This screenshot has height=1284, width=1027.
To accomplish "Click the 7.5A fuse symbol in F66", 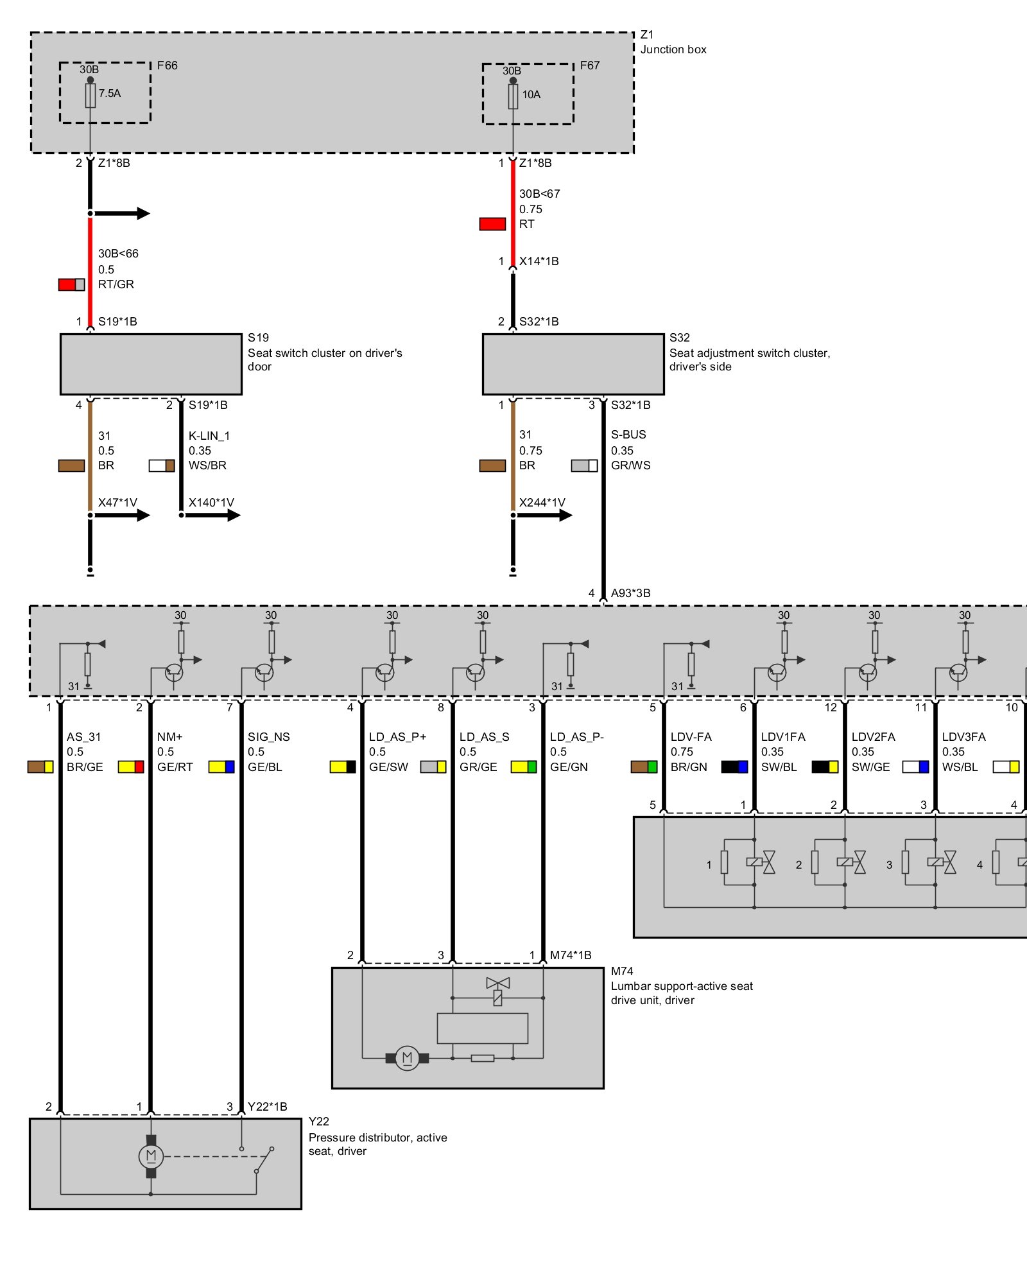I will click(91, 96).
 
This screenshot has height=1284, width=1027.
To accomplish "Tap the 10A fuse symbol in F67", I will click(513, 96).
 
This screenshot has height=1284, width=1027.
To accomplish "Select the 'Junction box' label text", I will click(673, 49).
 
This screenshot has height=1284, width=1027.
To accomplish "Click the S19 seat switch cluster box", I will click(151, 364).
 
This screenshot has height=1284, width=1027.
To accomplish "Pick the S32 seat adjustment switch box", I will click(573, 364).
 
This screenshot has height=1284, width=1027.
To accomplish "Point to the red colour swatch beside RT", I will click(492, 224).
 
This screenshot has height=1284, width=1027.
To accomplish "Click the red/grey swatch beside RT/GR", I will click(71, 284).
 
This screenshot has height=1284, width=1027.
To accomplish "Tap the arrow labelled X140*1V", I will click(212, 515).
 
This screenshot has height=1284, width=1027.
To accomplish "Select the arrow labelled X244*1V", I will click(544, 515).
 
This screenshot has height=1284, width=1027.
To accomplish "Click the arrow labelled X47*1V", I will click(122, 515).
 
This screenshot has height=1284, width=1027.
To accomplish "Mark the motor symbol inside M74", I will click(407, 1057).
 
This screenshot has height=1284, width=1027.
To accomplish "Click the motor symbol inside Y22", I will click(151, 1156).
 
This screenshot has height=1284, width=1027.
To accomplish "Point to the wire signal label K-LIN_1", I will click(209, 435).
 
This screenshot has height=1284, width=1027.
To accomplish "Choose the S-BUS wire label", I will click(628, 435).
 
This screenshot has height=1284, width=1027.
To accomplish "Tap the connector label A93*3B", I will click(630, 593).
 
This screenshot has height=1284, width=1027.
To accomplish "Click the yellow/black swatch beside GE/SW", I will click(343, 767).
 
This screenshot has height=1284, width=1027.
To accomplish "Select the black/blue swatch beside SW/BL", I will click(734, 767).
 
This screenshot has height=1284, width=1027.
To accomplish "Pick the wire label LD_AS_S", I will click(484, 737).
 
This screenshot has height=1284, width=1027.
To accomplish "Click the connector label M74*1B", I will click(571, 955).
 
